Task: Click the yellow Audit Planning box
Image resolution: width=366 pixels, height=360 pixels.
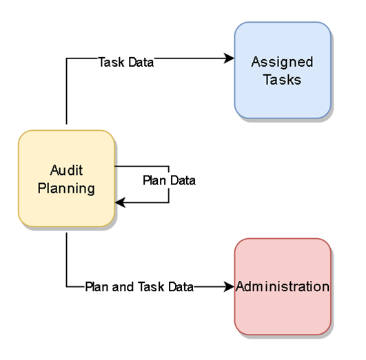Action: pyautogui.click(x=66, y=178)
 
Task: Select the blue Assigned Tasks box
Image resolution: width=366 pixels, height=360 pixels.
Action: pyautogui.click(x=282, y=70)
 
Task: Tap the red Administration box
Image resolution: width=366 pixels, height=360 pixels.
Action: pyautogui.click(x=282, y=286)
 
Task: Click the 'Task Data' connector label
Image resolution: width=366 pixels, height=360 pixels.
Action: pyautogui.click(x=126, y=62)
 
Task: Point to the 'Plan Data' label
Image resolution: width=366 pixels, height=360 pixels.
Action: pyautogui.click(x=169, y=181)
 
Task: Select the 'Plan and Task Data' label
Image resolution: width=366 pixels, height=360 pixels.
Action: pyautogui.click(x=139, y=286)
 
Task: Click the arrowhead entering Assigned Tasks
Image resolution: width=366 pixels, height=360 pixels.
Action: pyautogui.click(x=230, y=60)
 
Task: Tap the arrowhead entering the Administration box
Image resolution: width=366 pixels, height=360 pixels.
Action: pyautogui.click(x=230, y=286)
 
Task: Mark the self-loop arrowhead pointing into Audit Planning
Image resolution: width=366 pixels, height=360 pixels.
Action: pyautogui.click(x=120, y=203)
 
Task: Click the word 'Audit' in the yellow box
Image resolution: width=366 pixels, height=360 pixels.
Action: pyautogui.click(x=66, y=170)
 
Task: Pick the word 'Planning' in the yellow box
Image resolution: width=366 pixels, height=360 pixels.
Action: pyautogui.click(x=66, y=187)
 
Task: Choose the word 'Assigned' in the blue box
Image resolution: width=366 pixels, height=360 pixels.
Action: pyautogui.click(x=282, y=62)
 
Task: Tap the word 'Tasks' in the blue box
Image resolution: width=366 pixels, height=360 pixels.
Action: pyautogui.click(x=282, y=79)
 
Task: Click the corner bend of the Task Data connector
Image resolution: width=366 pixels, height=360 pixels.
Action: pyautogui.click(x=66, y=60)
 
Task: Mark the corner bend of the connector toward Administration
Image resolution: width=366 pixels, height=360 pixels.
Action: pyautogui.click(x=66, y=286)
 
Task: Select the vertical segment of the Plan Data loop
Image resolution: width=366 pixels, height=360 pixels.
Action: pyautogui.click(x=169, y=193)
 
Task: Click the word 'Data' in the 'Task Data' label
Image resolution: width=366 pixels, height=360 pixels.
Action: pyautogui.click(x=141, y=62)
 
